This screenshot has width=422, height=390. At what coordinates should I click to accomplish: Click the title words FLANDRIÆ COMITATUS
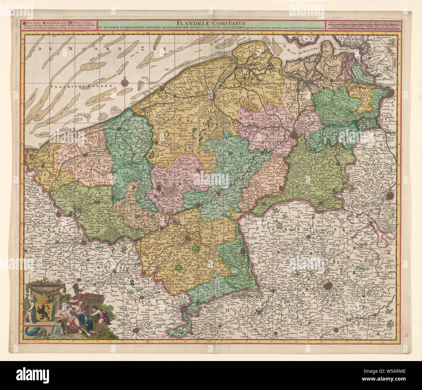pos(210,23)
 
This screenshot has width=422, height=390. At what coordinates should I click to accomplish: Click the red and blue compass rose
pos(125,84)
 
